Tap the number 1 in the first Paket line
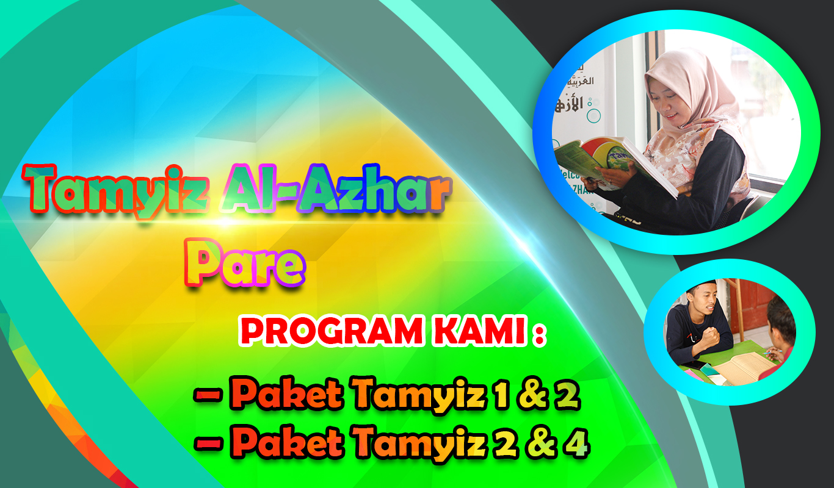point(500,393)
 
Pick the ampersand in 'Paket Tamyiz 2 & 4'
point(540,443)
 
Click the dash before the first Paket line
point(209,395)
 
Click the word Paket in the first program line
point(288,393)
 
